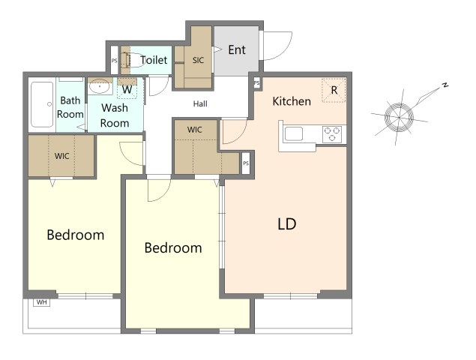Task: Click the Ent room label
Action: [237, 49]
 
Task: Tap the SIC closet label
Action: [198, 60]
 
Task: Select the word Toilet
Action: [154, 60]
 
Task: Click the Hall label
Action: [200, 104]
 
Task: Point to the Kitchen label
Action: [292, 101]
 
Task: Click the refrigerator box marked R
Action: [334, 90]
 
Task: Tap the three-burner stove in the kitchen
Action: [332, 134]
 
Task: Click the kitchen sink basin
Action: [294, 134]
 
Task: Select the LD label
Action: [287, 224]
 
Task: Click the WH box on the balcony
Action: [41, 302]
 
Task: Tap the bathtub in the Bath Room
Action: [42, 104]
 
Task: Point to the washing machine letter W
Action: [127, 89]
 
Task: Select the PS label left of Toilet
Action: [114, 61]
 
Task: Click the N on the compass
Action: [445, 85]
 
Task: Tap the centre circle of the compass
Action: [399, 117]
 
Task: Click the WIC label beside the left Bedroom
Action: [62, 156]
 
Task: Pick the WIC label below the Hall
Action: [195, 130]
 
